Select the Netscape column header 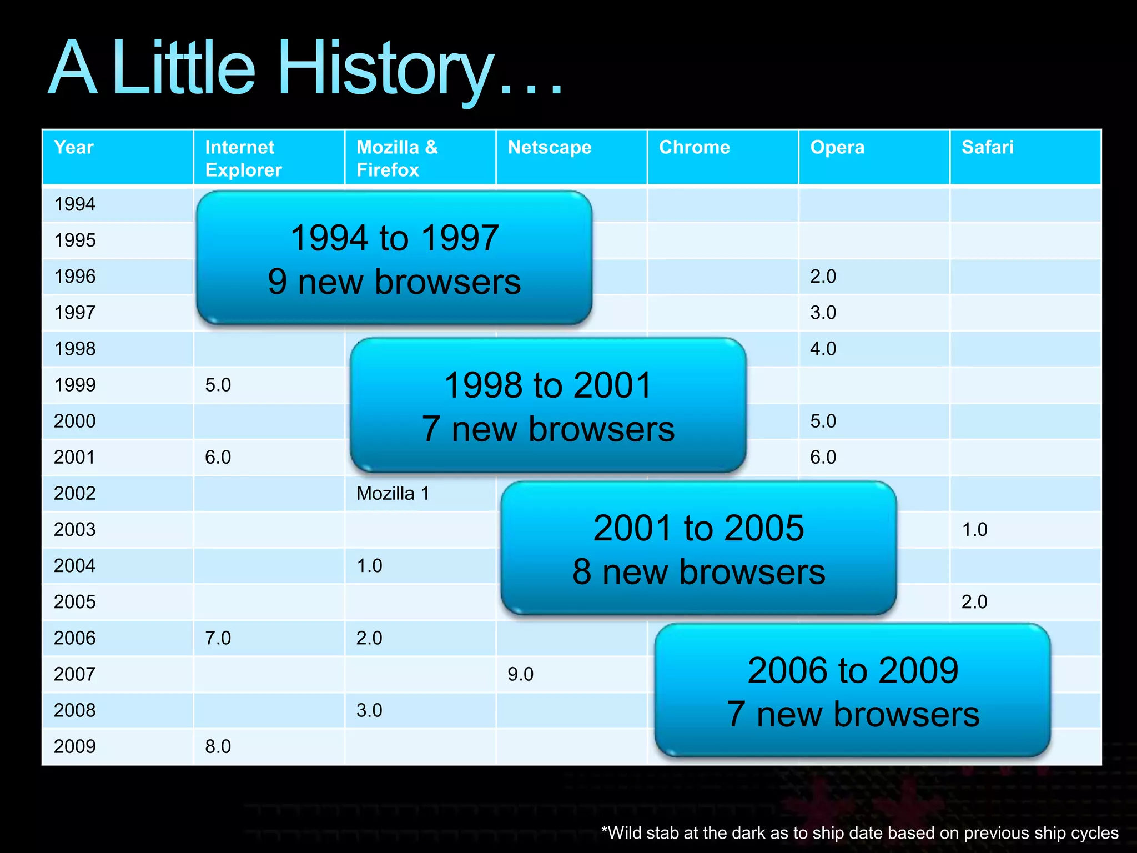pos(549,148)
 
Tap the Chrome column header pos(694,148)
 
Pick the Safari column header pos(987,148)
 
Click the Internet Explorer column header pos(243,158)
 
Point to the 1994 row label pos(75,204)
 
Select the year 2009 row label pos(75,746)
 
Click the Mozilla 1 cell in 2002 pos(393,494)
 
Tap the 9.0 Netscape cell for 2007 pos(520,674)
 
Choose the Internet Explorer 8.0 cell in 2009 pos(218,746)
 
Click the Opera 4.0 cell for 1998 pos(823,349)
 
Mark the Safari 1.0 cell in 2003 pos(974,530)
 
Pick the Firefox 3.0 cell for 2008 pos(369,710)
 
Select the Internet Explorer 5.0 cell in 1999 pos(218,385)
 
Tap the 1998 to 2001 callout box pos(548,405)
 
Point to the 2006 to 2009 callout pos(852,691)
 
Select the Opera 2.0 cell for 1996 pos(823,277)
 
